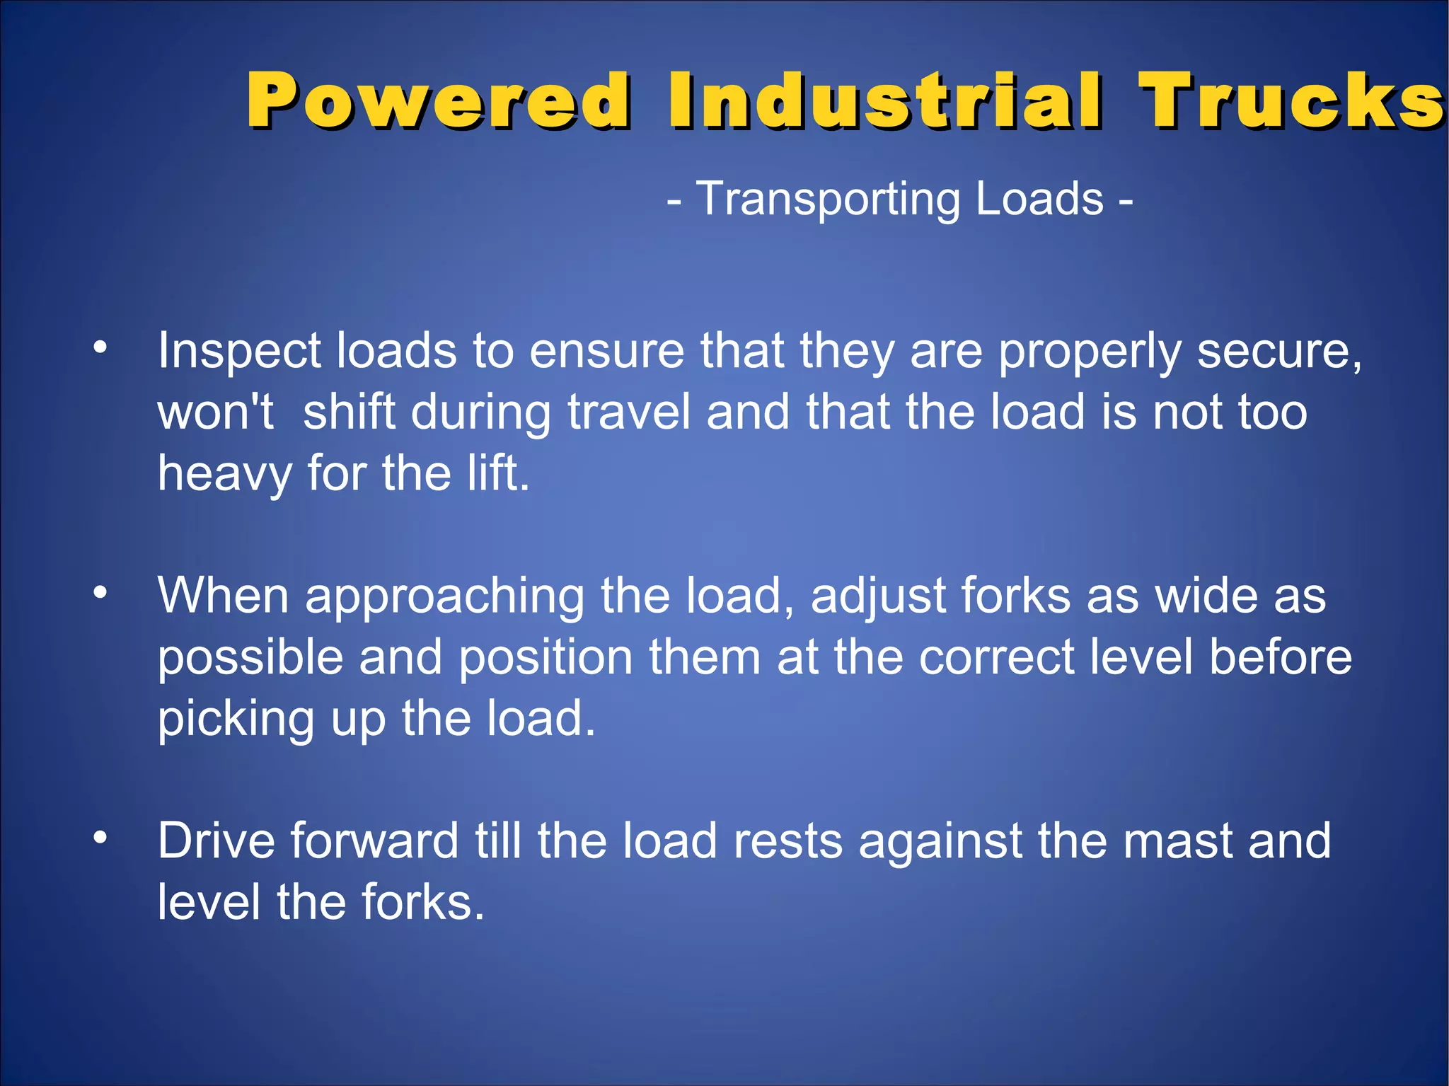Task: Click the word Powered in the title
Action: point(438,100)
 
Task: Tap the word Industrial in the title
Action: point(884,100)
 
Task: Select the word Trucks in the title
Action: point(1291,100)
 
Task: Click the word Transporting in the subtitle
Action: point(828,200)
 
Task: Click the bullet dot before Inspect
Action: point(100,347)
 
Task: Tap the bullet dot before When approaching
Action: point(100,592)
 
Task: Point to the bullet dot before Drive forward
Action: point(100,838)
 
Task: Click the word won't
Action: point(215,412)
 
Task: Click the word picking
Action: point(236,720)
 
